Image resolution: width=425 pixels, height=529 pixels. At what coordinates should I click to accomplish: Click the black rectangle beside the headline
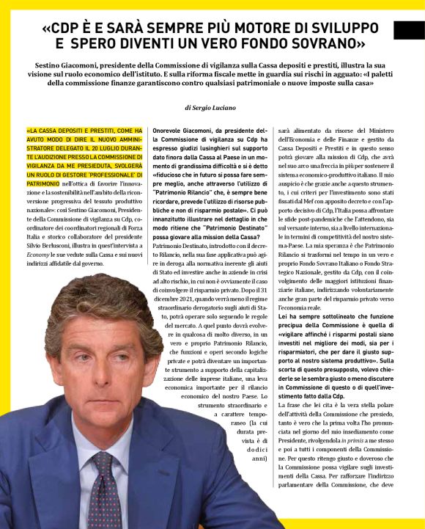pyautogui.click(x=408, y=30)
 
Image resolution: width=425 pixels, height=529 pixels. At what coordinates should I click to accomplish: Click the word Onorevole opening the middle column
pyautogui.click(x=170, y=130)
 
